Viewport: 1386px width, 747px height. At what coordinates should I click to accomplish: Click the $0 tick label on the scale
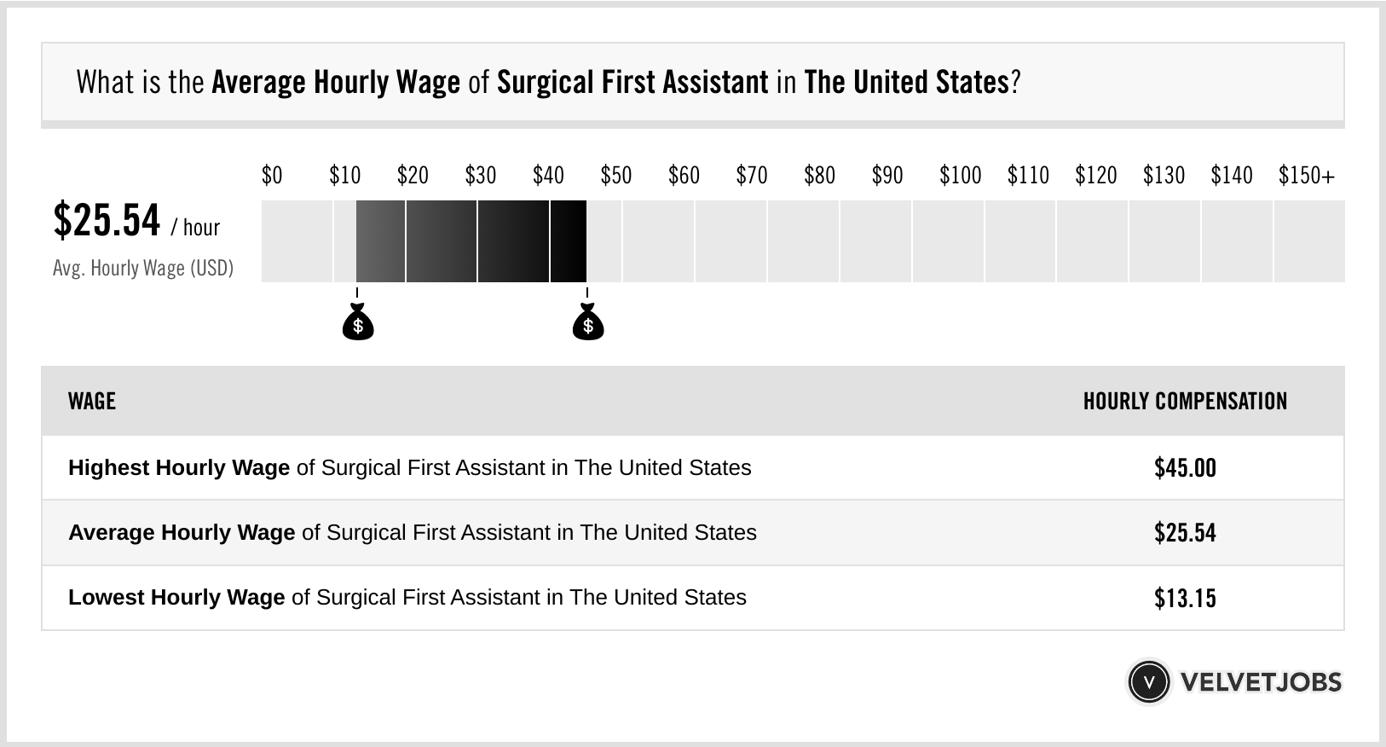(x=271, y=176)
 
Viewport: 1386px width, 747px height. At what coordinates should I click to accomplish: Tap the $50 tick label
(x=615, y=176)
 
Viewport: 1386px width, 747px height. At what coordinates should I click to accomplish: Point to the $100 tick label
(x=960, y=176)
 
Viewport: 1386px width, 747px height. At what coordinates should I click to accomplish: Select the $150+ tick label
(x=1306, y=176)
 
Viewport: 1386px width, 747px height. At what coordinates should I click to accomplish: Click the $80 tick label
(x=819, y=176)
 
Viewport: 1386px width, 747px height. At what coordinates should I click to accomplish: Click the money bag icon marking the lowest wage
(x=357, y=322)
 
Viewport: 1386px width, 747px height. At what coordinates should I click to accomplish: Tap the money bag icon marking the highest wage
(x=587, y=322)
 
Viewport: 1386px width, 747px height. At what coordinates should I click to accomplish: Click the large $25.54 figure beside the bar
(x=107, y=220)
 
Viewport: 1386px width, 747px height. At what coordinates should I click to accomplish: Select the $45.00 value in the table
(x=1185, y=468)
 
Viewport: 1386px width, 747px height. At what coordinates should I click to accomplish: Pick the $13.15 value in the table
(x=1185, y=598)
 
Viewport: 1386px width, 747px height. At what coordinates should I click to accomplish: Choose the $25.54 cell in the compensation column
(x=1185, y=533)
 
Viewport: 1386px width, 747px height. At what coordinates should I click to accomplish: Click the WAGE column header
(x=91, y=401)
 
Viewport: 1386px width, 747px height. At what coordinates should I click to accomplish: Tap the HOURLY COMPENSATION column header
(x=1185, y=401)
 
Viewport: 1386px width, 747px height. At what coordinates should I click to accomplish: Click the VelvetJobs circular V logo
(x=1149, y=681)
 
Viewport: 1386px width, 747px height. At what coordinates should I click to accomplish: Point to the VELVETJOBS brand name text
(x=1261, y=682)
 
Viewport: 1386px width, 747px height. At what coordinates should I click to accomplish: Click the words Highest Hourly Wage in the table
(x=179, y=468)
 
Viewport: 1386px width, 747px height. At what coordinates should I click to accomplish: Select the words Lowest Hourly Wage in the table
(x=176, y=598)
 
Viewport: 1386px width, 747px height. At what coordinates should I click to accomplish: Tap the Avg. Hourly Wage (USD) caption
(x=143, y=269)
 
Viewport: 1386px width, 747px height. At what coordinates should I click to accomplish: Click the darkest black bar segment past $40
(x=569, y=241)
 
